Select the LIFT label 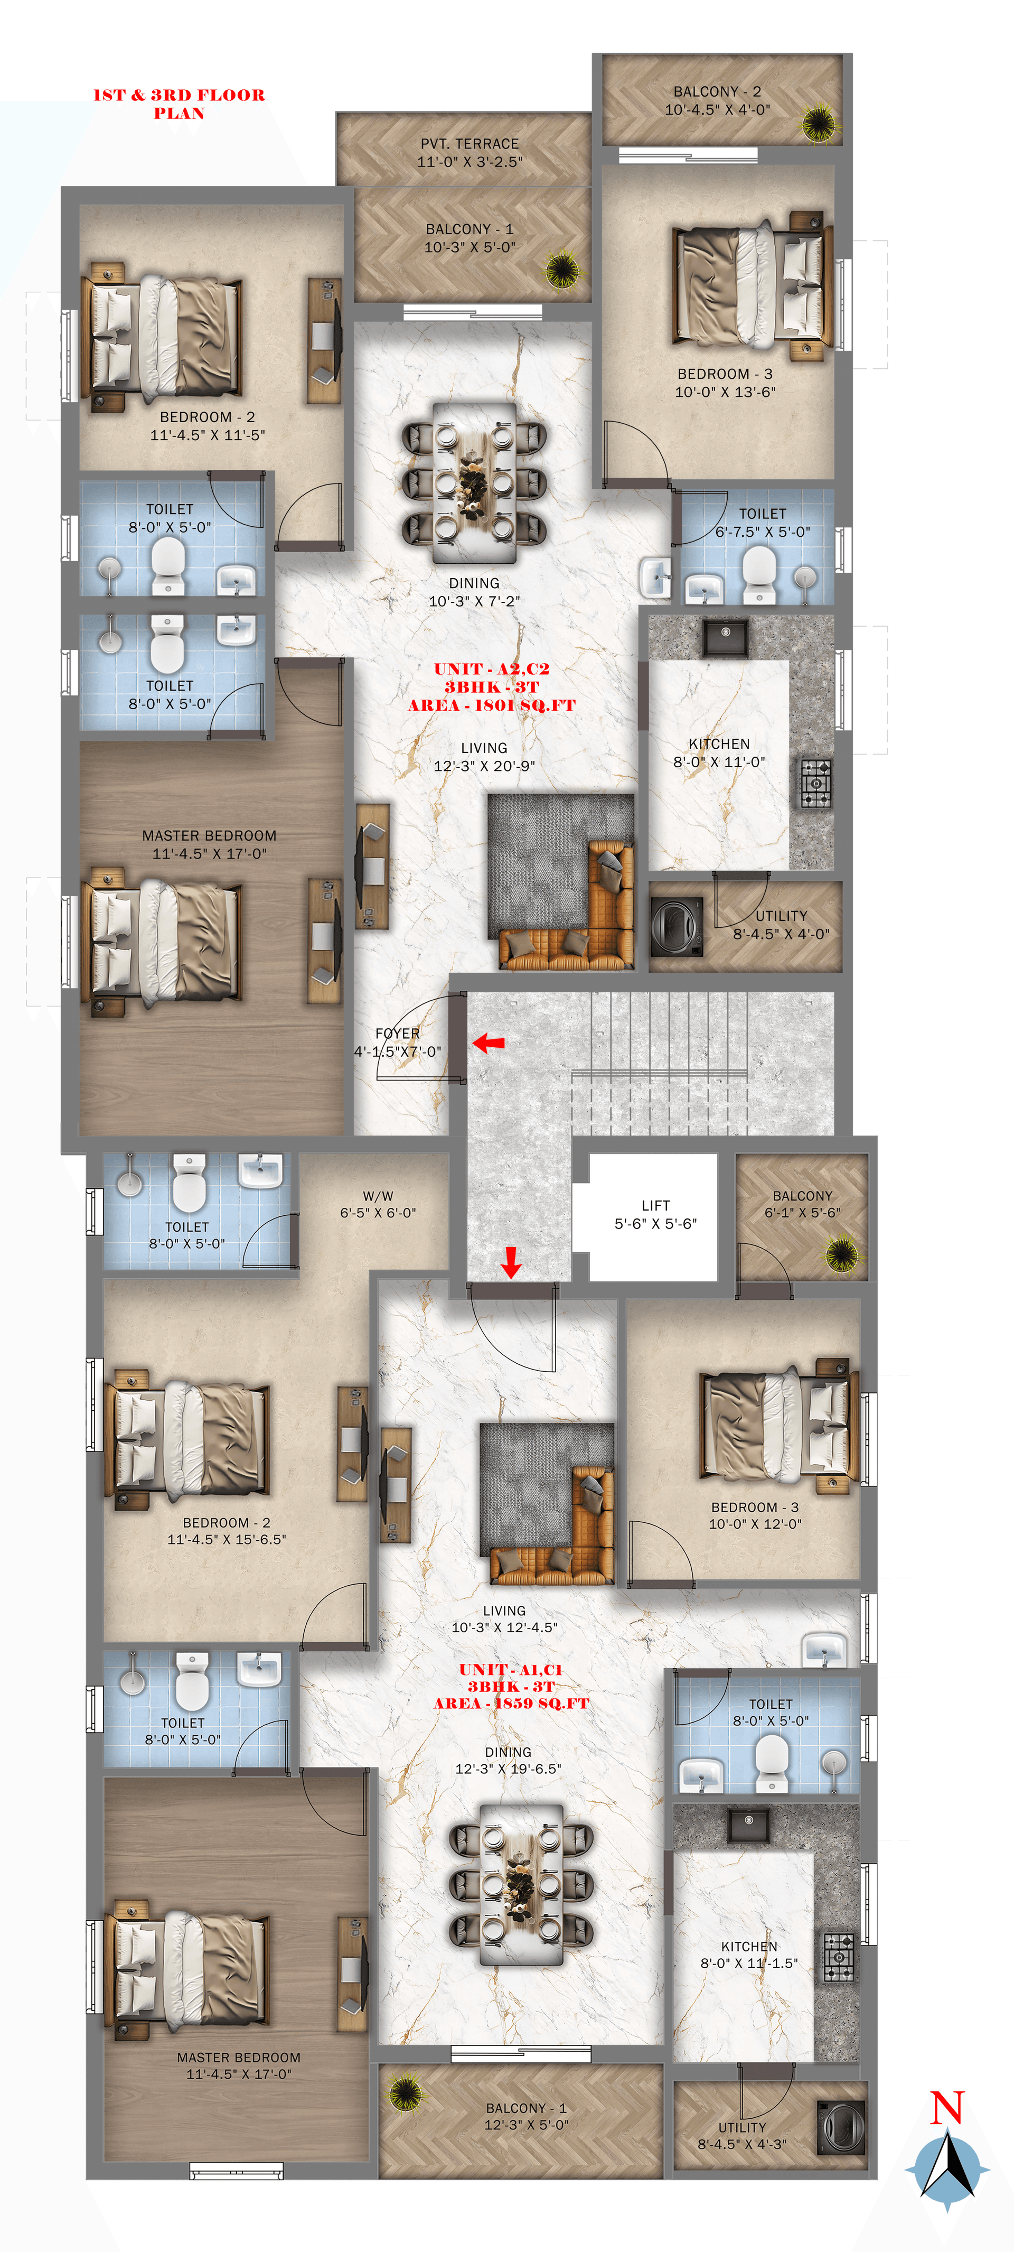pyautogui.click(x=655, y=1205)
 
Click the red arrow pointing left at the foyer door pyautogui.click(x=489, y=1042)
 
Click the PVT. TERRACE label pyautogui.click(x=470, y=143)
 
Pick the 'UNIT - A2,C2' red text pyautogui.click(x=491, y=669)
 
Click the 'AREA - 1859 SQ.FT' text pyautogui.click(x=511, y=1703)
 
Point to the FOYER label pyautogui.click(x=398, y=1034)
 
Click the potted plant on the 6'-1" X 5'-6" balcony pyautogui.click(x=841, y=1254)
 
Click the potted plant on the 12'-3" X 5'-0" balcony pyautogui.click(x=404, y=2092)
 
